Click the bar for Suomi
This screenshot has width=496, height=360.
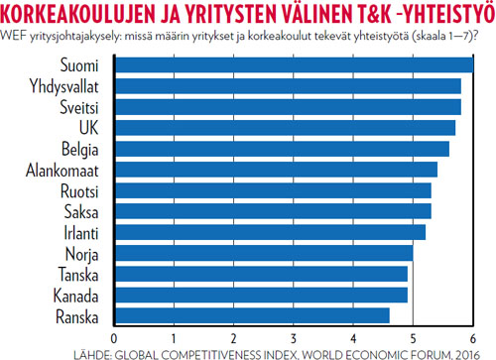(x=295, y=65)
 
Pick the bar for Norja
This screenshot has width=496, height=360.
(x=264, y=253)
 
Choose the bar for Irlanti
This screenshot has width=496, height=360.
(x=270, y=232)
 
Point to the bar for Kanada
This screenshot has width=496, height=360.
(x=261, y=295)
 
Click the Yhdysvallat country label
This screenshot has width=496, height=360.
(x=71, y=87)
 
